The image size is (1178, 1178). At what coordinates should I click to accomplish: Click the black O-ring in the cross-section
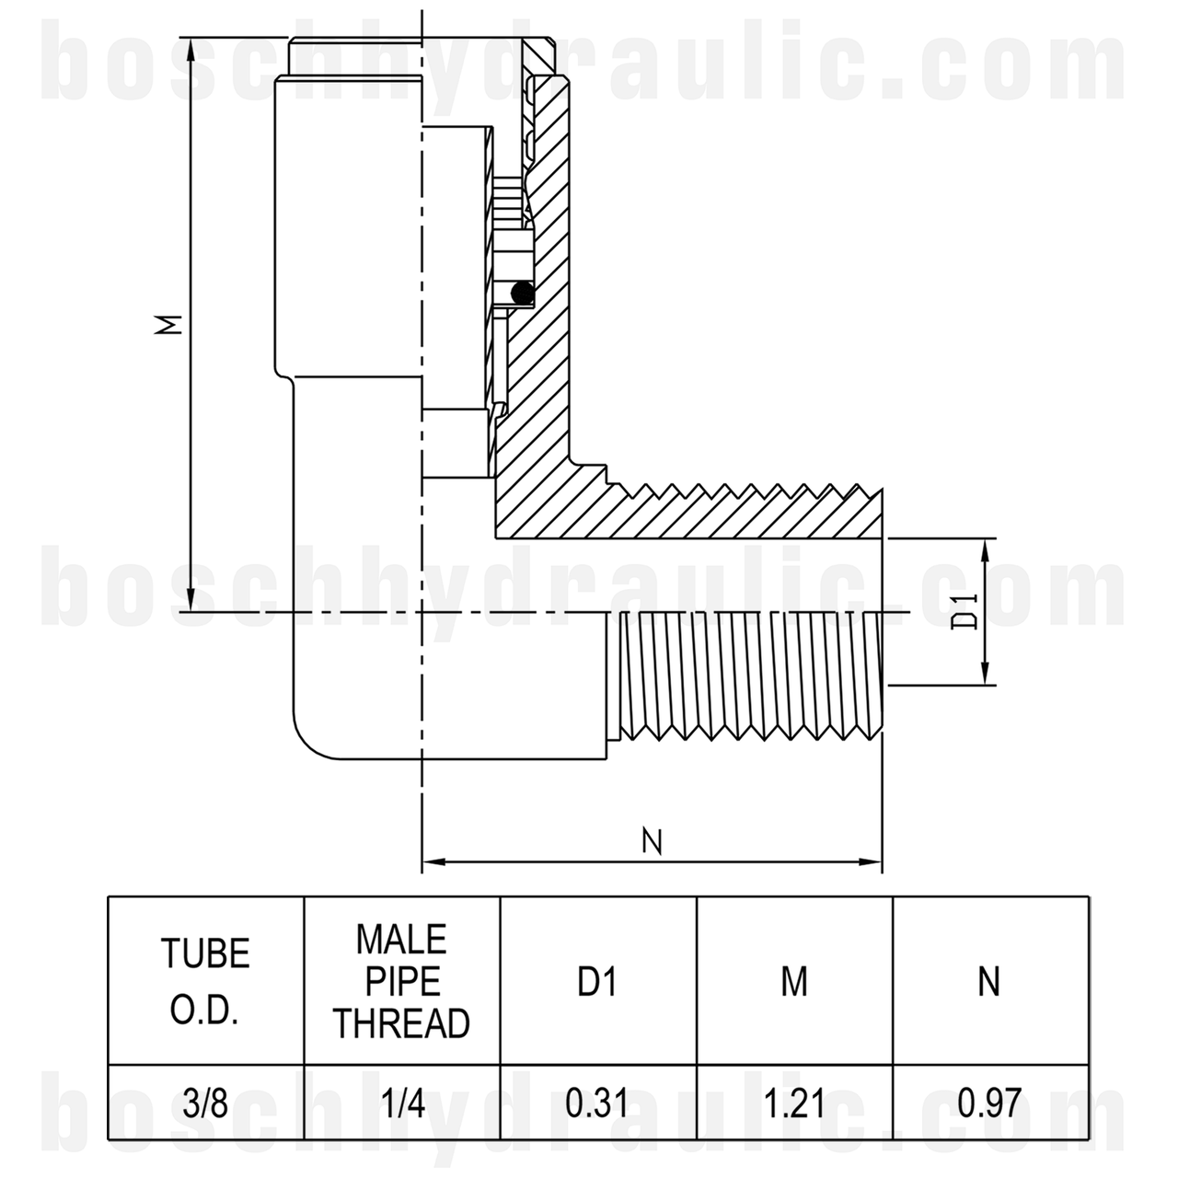(522, 293)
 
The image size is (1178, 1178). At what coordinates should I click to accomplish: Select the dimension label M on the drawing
(168, 324)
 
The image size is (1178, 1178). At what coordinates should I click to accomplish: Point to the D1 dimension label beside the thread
(964, 611)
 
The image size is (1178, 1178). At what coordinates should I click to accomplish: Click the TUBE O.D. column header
(206, 981)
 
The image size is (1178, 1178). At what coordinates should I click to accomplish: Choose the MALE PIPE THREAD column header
(402, 981)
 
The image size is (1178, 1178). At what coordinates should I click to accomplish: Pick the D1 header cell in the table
(597, 983)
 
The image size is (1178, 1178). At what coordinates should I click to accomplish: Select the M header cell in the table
(794, 983)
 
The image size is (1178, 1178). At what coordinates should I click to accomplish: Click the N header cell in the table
(989, 983)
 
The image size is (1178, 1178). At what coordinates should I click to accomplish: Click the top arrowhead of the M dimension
(190, 47)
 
